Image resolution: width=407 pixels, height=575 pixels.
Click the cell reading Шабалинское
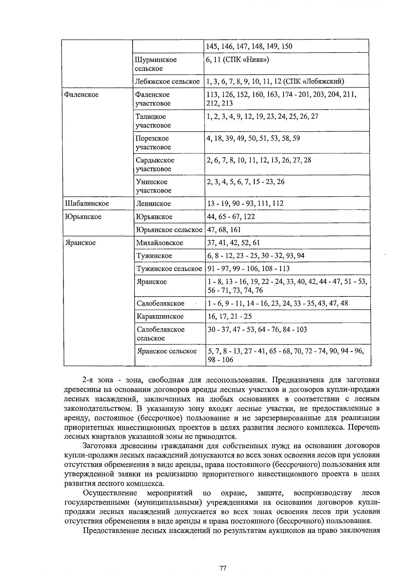87,204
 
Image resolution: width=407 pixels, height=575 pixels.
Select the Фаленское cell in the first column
81,95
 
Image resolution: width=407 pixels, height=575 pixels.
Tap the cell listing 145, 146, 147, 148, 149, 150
249,46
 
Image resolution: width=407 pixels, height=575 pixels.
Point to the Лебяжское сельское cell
167,81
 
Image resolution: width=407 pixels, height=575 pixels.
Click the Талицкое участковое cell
153,121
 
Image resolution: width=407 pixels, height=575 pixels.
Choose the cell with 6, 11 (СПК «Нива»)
237,60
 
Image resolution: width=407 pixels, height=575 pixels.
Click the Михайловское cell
159,243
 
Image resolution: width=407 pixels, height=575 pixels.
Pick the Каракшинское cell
160,317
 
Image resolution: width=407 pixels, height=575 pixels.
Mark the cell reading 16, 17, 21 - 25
230,317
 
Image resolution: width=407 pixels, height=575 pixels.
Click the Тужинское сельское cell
169,269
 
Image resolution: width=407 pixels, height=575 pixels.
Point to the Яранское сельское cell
167,351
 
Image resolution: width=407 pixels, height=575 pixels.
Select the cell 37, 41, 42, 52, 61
233,243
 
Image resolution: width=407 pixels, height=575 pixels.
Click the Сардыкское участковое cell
155,164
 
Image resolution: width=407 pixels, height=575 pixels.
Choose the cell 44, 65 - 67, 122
231,217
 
